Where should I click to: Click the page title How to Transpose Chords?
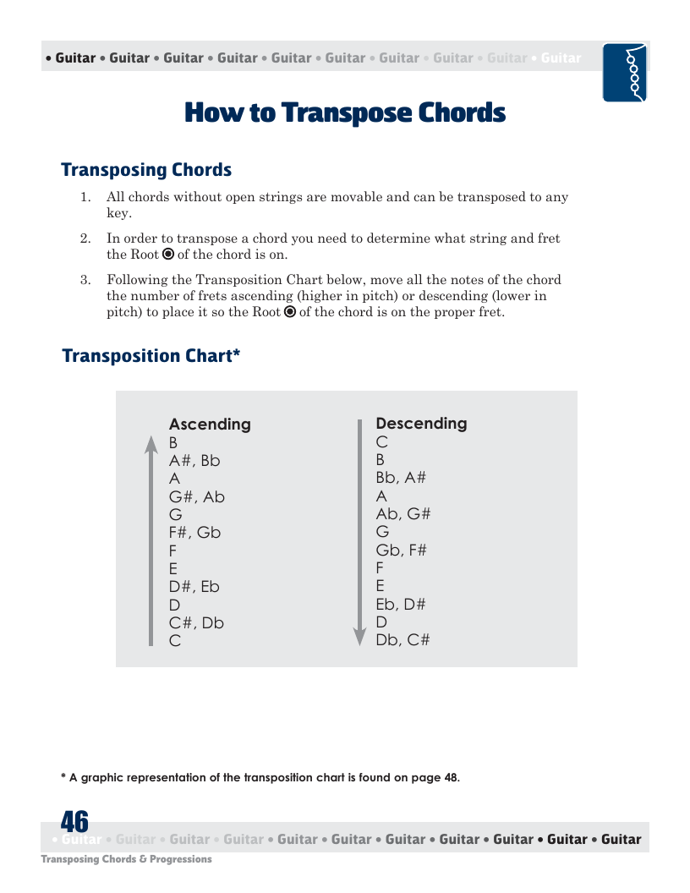coord(345,112)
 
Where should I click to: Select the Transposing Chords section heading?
coord(146,170)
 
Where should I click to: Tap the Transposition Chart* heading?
coord(151,356)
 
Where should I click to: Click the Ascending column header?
coord(210,424)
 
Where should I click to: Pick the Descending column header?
coord(421,423)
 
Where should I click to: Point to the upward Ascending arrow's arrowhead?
coord(151,443)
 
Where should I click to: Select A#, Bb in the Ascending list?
coord(194,461)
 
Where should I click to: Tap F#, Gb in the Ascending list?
coord(194,533)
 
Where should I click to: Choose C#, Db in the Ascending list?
coord(196,622)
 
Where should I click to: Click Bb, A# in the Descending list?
coord(401,478)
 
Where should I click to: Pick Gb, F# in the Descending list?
coord(402,551)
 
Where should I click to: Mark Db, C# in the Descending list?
coord(402,640)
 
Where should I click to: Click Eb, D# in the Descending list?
coord(401,604)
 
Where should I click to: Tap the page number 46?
coord(74,821)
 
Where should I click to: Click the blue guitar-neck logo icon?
coord(625,73)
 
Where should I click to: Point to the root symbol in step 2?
coord(167,254)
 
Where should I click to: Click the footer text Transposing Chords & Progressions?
coord(127,859)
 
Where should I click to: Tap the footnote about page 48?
coord(260,778)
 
